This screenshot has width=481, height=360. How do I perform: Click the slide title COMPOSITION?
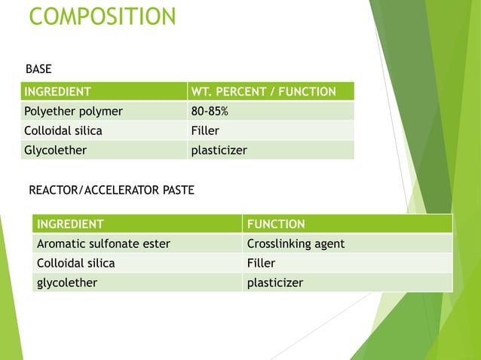pos(102,16)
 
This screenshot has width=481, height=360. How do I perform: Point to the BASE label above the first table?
pos(38,69)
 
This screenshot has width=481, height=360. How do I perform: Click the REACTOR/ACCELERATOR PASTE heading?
pos(111,190)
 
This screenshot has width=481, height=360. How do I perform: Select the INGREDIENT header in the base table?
pos(58,92)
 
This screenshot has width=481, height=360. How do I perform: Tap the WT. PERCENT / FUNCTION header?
pos(264,92)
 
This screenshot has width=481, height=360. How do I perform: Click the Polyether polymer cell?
pos(74,111)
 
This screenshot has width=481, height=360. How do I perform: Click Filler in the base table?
pos(205,130)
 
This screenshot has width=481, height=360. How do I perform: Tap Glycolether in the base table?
pos(56,150)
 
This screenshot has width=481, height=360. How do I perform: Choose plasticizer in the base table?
pos(219,150)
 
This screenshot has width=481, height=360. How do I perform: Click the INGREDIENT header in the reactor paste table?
pos(70,224)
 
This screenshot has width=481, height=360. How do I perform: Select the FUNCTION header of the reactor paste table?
pos(276,224)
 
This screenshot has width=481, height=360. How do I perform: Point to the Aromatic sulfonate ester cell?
pos(103,243)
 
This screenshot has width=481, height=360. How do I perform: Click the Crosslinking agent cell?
pos(296,243)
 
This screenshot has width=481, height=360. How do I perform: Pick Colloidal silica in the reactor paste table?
pos(75,263)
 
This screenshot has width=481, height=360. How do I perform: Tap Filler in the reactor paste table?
pos(261,263)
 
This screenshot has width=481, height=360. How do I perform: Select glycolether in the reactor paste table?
pos(68,282)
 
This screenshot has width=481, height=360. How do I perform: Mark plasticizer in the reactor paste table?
pos(275,282)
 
